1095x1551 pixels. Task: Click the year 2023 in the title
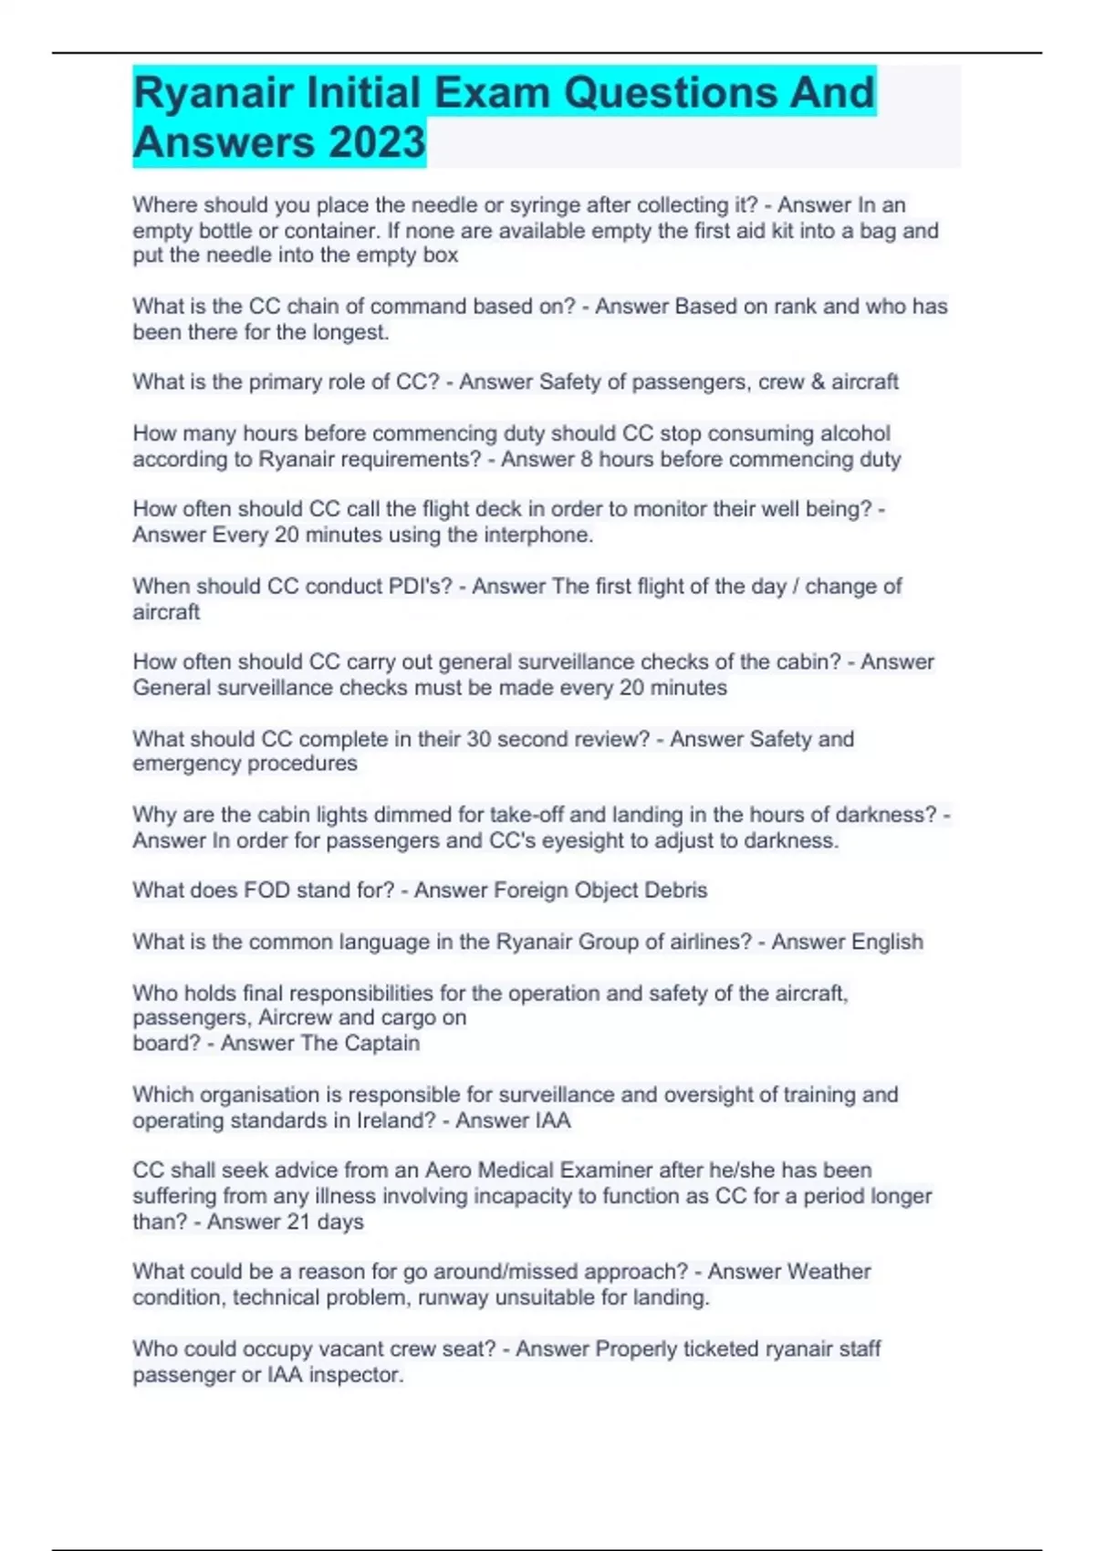tap(377, 142)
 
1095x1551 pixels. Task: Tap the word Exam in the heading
tap(492, 92)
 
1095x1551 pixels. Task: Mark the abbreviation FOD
tap(266, 890)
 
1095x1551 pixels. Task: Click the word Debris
tap(675, 890)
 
